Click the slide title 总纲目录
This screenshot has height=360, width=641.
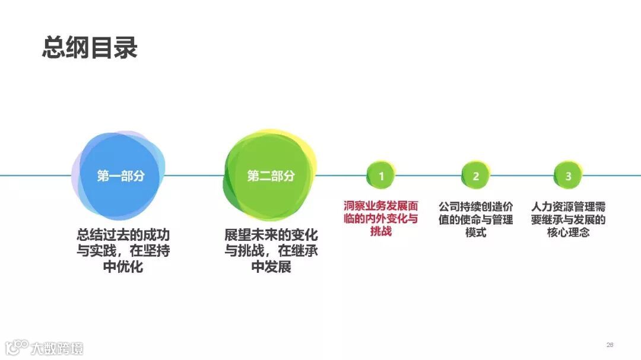[90, 47]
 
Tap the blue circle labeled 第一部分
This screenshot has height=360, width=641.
[120, 176]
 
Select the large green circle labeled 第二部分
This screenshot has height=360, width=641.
[270, 176]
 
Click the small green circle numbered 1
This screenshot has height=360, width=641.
[381, 176]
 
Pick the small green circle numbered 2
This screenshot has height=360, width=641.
[476, 176]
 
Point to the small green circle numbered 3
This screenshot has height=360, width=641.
[569, 176]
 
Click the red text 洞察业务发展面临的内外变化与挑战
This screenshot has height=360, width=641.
[381, 218]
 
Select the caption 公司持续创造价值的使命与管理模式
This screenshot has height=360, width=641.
[476, 219]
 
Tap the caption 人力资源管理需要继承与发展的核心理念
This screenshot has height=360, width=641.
[569, 219]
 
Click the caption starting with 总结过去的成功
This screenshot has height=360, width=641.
[123, 250]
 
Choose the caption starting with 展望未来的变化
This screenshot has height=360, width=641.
[271, 250]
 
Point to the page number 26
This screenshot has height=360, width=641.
[610, 345]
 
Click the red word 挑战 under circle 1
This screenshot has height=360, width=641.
[381, 231]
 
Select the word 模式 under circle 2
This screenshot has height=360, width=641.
[476, 232]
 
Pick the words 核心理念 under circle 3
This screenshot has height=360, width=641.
[569, 232]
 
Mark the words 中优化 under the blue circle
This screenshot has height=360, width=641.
[123, 267]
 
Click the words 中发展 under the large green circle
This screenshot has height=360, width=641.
[271, 267]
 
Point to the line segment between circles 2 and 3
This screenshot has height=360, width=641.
[522, 176]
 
